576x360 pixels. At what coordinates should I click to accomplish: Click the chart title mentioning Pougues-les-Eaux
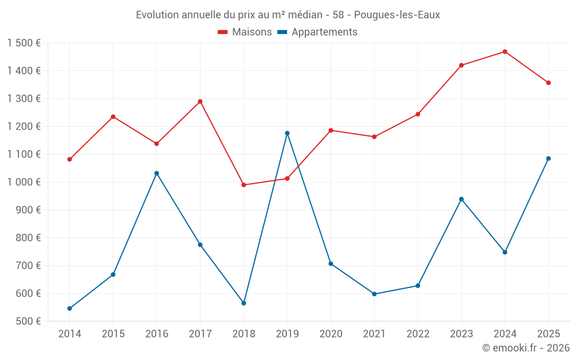pos(288,15)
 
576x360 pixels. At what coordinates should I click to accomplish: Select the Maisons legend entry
pos(245,32)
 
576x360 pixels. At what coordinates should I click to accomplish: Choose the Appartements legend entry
pos(317,32)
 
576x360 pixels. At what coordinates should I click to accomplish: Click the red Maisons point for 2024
pos(505,52)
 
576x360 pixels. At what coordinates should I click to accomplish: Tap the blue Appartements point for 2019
pos(287,133)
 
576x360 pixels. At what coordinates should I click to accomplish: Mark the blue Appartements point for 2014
pos(70,308)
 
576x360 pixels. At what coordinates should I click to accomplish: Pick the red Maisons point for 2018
pos(244,185)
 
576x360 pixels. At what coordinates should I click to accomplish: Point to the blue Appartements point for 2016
pos(157,173)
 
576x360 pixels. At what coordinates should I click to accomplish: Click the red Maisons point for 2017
pos(200,101)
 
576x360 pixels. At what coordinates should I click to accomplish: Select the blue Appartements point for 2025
pos(548,158)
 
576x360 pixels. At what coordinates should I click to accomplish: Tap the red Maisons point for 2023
pos(461,65)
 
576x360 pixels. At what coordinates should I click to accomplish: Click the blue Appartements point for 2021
pos(374,294)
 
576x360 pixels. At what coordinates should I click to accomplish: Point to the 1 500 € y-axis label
pos(24,43)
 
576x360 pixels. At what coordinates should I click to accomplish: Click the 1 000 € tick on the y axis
pos(24,182)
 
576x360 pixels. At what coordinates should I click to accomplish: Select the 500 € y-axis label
pos(28,321)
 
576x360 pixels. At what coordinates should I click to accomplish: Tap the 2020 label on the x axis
pos(331,334)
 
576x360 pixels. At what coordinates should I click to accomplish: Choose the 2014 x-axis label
pos(70,334)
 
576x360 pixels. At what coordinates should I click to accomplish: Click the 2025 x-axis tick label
pos(548,334)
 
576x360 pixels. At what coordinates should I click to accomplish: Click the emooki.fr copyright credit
pos(525,348)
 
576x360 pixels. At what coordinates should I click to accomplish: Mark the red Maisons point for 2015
pos(113,117)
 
